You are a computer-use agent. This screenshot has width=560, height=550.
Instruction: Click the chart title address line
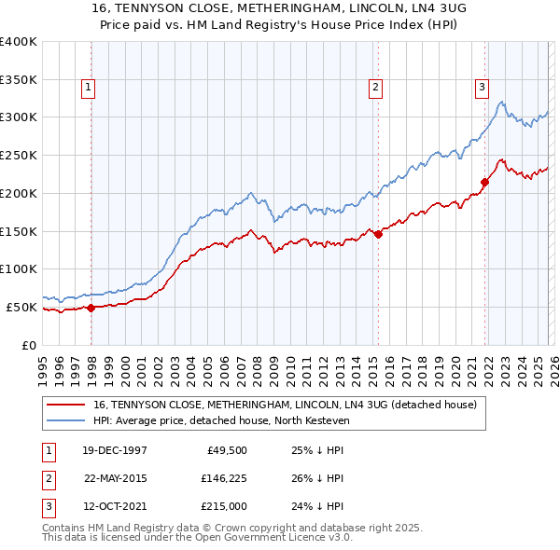point(279,7)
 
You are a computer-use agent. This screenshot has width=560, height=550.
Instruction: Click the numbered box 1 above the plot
point(88,89)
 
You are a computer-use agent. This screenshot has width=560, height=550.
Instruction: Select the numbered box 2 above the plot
point(375,89)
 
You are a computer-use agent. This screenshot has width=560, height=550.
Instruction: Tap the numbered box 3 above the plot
point(482,89)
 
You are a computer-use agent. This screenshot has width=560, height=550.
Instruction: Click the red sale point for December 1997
point(91,307)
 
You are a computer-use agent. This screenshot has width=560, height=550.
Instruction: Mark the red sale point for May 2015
point(378,234)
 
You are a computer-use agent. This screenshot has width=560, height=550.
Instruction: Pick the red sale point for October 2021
point(484,182)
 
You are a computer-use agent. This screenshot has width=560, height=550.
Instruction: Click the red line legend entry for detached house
point(286,405)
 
